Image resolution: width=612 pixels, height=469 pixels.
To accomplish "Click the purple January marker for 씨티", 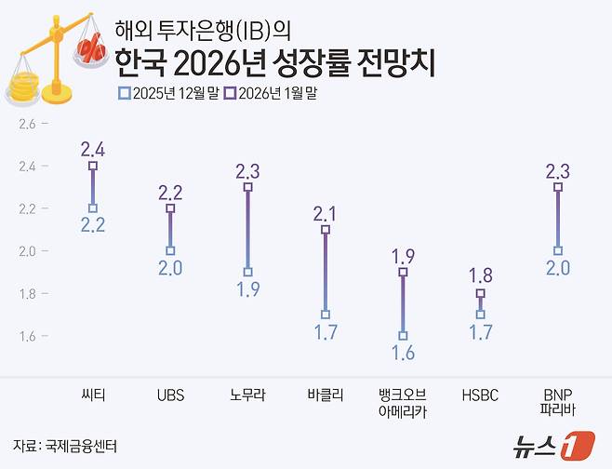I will pyautogui.click(x=93, y=166).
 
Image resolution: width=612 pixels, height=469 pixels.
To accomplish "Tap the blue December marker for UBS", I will pyautogui.click(x=170, y=250).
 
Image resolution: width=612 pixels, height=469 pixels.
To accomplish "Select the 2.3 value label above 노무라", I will pyautogui.click(x=247, y=170).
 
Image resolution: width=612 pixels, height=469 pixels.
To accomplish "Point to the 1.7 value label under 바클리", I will pyautogui.click(x=325, y=332).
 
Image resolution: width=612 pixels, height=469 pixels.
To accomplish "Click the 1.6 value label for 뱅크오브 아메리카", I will pyautogui.click(x=403, y=354).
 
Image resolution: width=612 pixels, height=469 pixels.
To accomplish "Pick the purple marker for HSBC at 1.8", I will pyautogui.click(x=480, y=293).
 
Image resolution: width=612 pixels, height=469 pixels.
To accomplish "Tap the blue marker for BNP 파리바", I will pyautogui.click(x=557, y=250).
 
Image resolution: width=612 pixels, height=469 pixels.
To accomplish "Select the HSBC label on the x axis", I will pyautogui.click(x=480, y=395).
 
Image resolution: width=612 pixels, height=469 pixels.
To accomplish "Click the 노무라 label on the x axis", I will pyautogui.click(x=247, y=395).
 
